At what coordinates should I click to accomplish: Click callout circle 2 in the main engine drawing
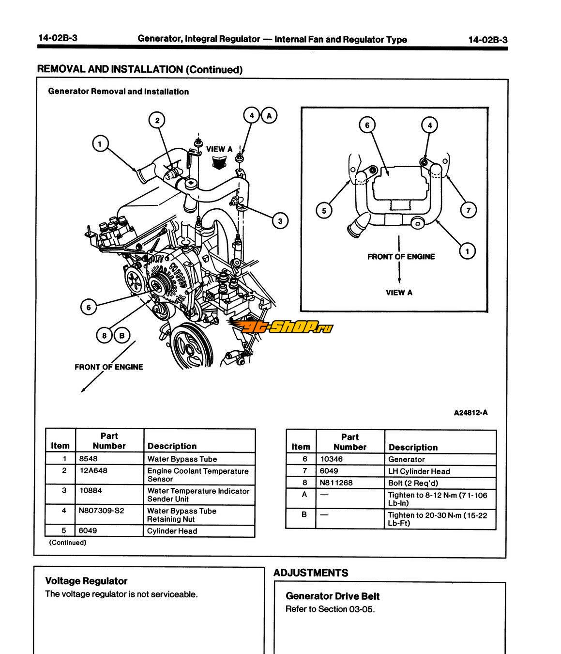(x=157, y=120)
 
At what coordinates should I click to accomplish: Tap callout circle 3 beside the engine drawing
(x=280, y=221)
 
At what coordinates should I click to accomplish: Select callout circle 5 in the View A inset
(x=324, y=210)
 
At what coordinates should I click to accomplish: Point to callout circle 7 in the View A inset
(x=468, y=210)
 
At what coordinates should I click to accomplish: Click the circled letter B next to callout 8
(x=122, y=335)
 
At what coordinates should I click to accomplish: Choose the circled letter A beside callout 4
(x=269, y=115)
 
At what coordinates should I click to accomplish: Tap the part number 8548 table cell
(x=110, y=459)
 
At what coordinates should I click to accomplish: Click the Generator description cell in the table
(x=440, y=459)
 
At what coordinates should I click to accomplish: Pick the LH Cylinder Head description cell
(x=440, y=471)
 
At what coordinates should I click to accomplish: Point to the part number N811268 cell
(x=350, y=483)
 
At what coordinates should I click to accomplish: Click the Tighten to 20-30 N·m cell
(x=440, y=519)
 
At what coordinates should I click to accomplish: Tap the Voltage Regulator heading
(x=86, y=581)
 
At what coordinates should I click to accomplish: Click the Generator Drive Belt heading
(x=333, y=596)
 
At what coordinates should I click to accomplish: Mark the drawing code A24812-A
(x=470, y=413)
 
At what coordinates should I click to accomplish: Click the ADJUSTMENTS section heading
(x=311, y=573)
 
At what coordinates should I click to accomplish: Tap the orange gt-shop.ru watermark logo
(x=281, y=328)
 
